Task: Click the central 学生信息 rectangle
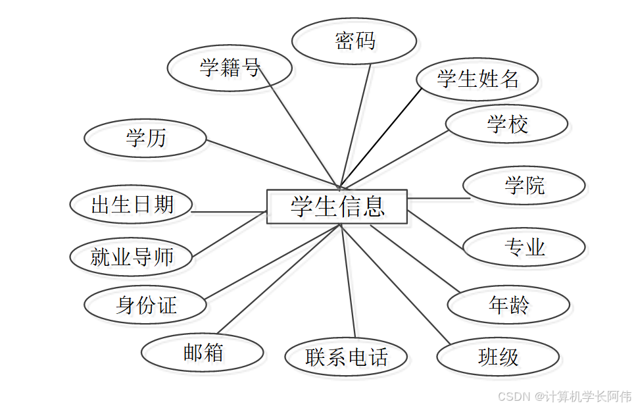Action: [x=337, y=207]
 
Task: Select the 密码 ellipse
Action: [x=354, y=41]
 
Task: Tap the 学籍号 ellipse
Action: [x=230, y=68]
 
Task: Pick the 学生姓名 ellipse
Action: [x=477, y=79]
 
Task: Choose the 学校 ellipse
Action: [x=506, y=124]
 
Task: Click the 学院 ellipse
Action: [x=524, y=186]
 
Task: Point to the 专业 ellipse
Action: [x=524, y=247]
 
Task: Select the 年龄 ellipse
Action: [x=508, y=305]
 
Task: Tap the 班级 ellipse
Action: [x=498, y=357]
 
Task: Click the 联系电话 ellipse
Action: [x=346, y=357]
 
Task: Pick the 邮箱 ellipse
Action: [x=203, y=353]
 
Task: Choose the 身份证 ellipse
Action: [x=145, y=305]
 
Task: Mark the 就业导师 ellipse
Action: [x=131, y=257]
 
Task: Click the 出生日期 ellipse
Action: [x=131, y=204]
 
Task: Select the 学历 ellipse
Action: [x=145, y=138]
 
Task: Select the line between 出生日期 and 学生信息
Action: [x=229, y=212]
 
